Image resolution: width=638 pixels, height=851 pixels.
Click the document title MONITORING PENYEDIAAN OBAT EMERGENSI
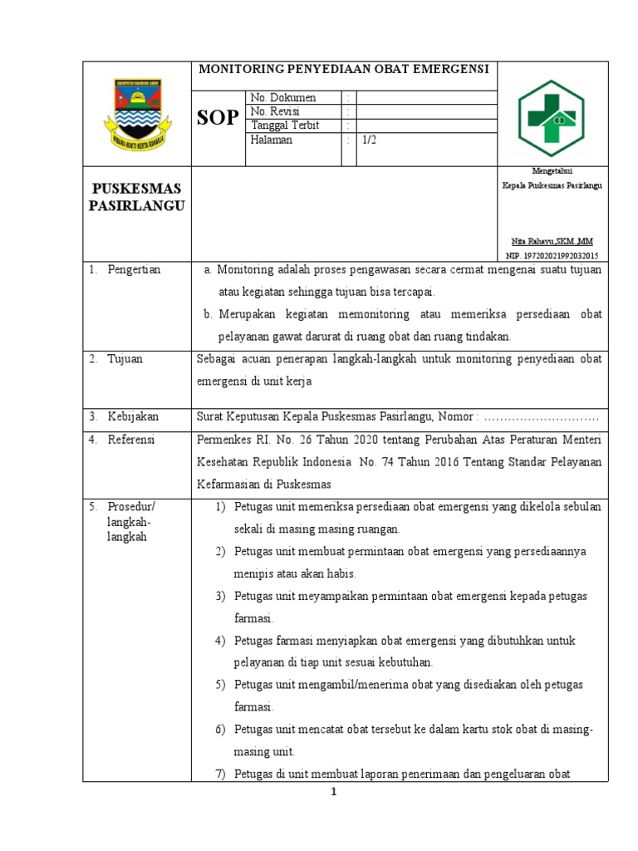tap(343, 69)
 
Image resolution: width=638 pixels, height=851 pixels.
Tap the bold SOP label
tap(218, 117)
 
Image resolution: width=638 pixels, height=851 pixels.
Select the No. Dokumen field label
tap(283, 98)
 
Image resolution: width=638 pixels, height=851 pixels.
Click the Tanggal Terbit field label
tap(285, 125)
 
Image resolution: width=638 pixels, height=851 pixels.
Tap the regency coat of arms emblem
tap(137, 115)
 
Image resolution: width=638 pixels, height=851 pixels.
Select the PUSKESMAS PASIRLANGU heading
tap(137, 197)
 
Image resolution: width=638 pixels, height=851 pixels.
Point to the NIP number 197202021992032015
tap(552, 256)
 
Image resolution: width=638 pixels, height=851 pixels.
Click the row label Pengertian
tap(134, 270)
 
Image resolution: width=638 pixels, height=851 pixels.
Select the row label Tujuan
tap(125, 359)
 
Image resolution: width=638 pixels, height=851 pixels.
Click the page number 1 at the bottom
tap(333, 792)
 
